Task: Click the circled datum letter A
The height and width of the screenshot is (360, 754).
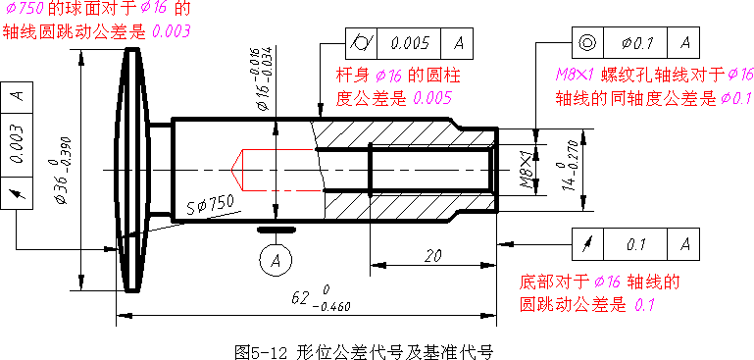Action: (277, 259)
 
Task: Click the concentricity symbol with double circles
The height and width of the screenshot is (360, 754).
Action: (587, 44)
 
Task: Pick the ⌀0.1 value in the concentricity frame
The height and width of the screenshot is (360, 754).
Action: (638, 44)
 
